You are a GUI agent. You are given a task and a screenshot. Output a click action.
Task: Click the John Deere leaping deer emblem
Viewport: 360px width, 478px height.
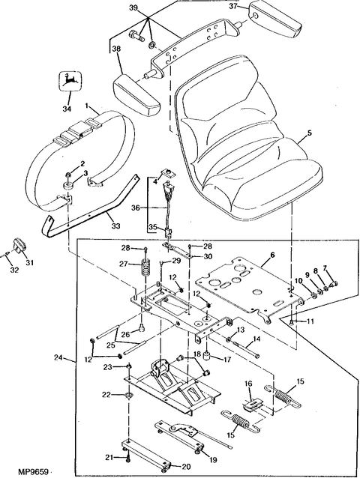70,81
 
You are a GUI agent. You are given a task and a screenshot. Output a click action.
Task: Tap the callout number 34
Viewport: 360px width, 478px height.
67,108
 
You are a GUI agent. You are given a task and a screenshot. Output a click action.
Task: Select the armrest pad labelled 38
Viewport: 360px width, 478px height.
136,95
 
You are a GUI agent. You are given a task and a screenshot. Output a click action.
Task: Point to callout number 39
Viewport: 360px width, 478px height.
133,7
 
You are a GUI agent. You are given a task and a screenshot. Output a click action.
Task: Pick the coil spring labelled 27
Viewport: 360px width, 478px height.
147,267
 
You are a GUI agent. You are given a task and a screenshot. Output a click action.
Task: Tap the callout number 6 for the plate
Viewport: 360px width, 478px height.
272,255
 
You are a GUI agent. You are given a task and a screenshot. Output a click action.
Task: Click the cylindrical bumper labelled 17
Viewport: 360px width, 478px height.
207,357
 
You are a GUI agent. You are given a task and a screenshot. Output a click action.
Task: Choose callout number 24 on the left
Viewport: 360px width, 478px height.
58,357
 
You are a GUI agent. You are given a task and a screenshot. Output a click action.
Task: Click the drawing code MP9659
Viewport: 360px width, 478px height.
30,472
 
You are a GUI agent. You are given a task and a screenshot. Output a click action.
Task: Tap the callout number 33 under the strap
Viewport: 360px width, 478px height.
115,226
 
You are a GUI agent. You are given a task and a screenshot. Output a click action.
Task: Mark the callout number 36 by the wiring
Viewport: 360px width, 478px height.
136,208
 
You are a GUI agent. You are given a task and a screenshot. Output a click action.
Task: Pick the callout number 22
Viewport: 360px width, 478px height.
106,394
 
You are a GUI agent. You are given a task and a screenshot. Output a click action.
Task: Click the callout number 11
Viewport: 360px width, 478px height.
310,321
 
